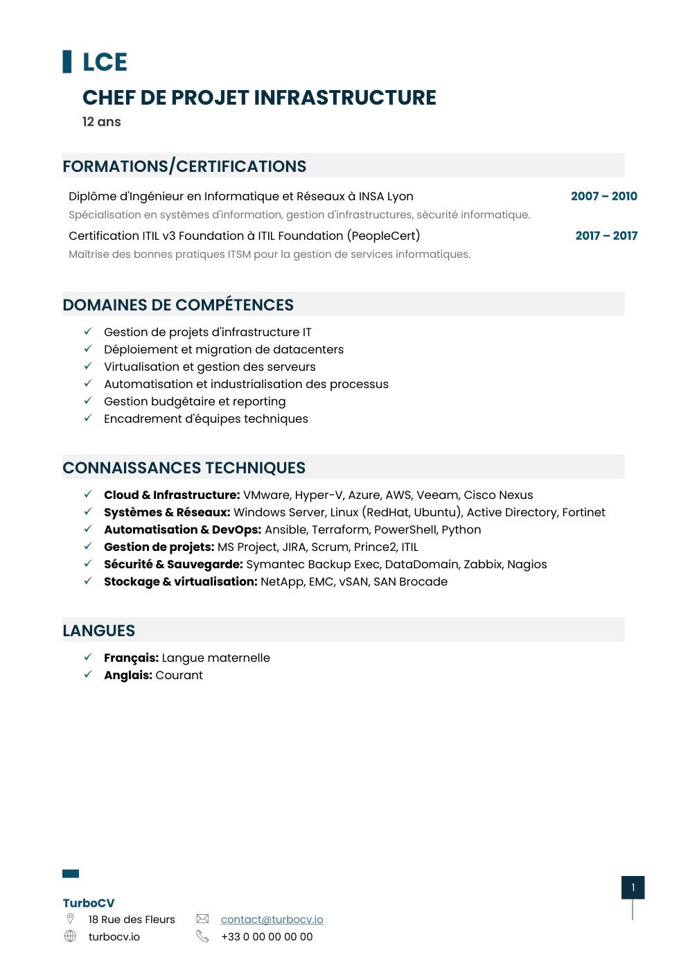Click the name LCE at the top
[105, 62]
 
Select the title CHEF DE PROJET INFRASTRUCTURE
[259, 98]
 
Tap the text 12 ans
[102, 122]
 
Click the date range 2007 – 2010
[603, 196]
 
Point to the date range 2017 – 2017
[606, 236]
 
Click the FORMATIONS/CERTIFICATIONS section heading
[184, 166]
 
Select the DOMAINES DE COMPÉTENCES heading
[178, 305]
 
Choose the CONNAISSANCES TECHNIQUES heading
[184, 468]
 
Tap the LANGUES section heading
[99, 631]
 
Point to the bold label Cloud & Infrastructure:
[172, 495]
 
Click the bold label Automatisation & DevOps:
[182, 529]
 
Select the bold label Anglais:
[128, 675]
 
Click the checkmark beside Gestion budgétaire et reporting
[88, 401]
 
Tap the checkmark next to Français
[88, 657]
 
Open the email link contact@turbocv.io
[272, 920]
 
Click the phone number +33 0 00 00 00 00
[267, 937]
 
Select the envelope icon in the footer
[202, 919]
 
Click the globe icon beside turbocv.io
[70, 936]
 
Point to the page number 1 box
[633, 888]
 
